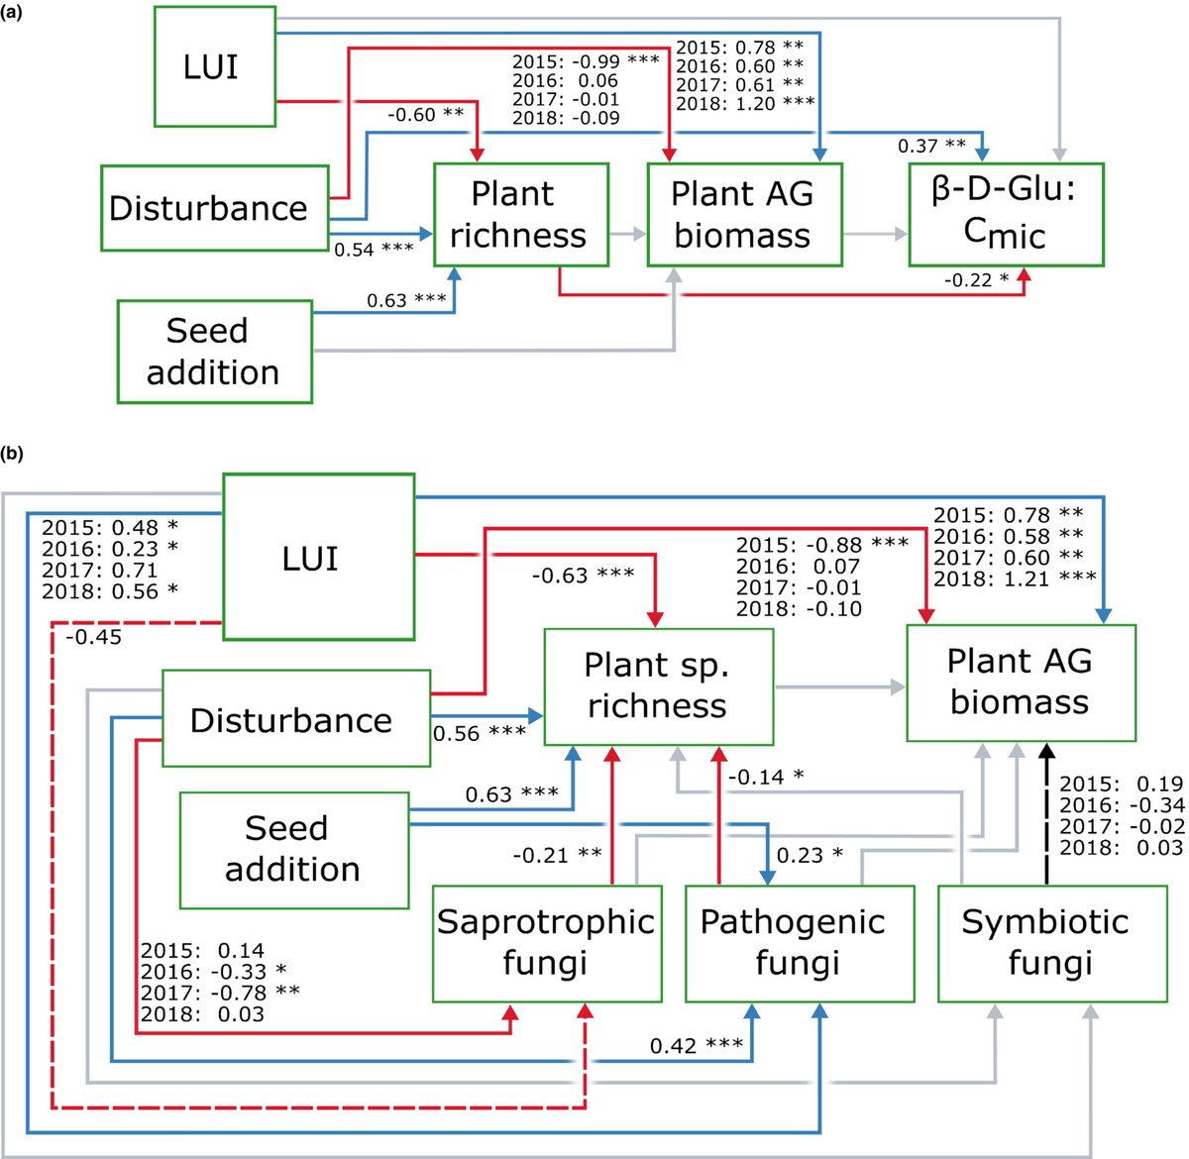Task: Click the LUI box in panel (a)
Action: pyautogui.click(x=214, y=67)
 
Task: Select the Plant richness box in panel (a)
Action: pyautogui.click(x=520, y=215)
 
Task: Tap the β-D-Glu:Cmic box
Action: pyautogui.click(x=1006, y=215)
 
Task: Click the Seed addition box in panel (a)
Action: pyautogui.click(x=214, y=352)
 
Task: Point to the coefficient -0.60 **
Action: pyautogui.click(x=425, y=115)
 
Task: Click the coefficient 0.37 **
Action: pyautogui.click(x=931, y=146)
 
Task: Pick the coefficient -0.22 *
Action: pyautogui.click(x=976, y=280)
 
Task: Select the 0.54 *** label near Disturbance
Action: pyautogui.click(x=374, y=250)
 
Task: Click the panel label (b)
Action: pyautogui.click(x=13, y=455)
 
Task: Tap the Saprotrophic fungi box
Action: pyautogui.click(x=546, y=943)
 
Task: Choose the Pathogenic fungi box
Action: pyautogui.click(x=799, y=943)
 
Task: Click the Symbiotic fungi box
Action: pyautogui.click(x=1050, y=943)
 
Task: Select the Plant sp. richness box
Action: pyautogui.click(x=657, y=685)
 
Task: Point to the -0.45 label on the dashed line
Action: pyautogui.click(x=94, y=637)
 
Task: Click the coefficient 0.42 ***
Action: pyautogui.click(x=697, y=1046)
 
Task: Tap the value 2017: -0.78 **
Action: pyautogui.click(x=219, y=993)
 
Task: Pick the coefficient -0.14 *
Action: pyautogui.click(x=766, y=777)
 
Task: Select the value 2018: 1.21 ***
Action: pyautogui.click(x=1015, y=578)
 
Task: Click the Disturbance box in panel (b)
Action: pyautogui.click(x=295, y=719)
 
